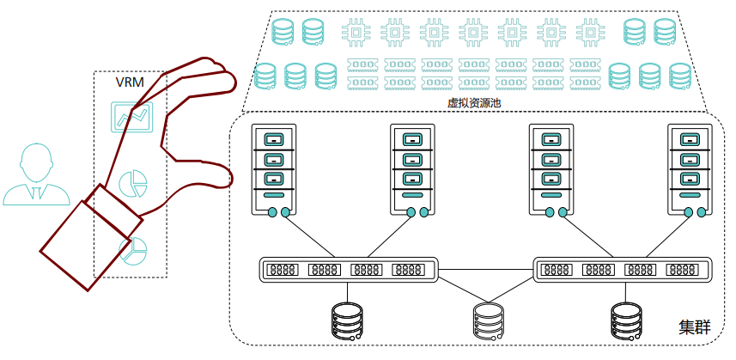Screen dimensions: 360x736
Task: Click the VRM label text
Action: (x=130, y=83)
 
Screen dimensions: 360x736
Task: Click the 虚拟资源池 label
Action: (x=474, y=102)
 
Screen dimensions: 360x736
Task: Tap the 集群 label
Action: (x=695, y=326)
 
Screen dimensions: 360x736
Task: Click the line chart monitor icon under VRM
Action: (x=131, y=117)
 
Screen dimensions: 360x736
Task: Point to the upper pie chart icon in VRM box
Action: (x=132, y=183)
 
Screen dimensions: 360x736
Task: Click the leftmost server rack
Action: (x=274, y=171)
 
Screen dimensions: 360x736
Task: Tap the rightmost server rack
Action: (x=690, y=171)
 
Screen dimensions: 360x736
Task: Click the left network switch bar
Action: (x=349, y=270)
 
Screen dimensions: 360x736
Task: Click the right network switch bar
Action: (x=623, y=270)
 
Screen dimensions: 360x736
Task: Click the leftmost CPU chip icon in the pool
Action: (x=356, y=33)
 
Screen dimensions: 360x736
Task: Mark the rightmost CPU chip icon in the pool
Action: (x=589, y=33)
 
